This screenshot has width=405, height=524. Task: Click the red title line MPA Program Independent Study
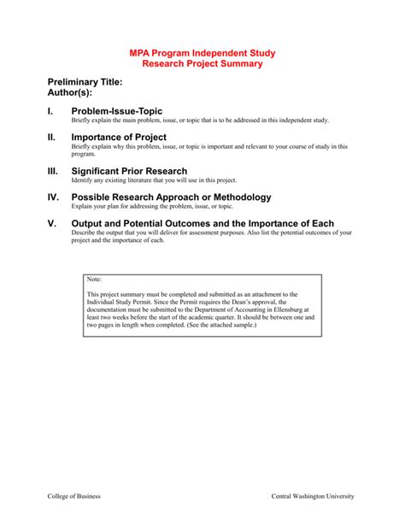pyautogui.click(x=202, y=53)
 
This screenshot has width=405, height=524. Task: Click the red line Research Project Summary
pyautogui.click(x=202, y=64)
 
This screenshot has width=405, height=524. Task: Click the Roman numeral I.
pyautogui.click(x=50, y=112)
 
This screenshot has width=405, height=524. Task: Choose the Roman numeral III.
pyautogui.click(x=53, y=171)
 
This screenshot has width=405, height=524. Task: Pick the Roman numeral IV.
pyautogui.click(x=54, y=197)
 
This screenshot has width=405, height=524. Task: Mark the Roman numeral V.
pyautogui.click(x=51, y=223)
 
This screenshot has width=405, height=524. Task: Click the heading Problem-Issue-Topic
pyautogui.click(x=117, y=112)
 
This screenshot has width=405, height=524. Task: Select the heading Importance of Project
pyautogui.click(x=119, y=137)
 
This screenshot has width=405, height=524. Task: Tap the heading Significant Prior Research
pyautogui.click(x=129, y=171)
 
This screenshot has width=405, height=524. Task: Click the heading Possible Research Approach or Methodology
pyautogui.click(x=172, y=197)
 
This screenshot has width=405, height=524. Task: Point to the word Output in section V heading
pyautogui.click(x=91, y=223)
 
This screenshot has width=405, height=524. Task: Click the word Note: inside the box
pyautogui.click(x=95, y=280)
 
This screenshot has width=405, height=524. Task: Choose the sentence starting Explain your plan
pyautogui.click(x=151, y=207)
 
